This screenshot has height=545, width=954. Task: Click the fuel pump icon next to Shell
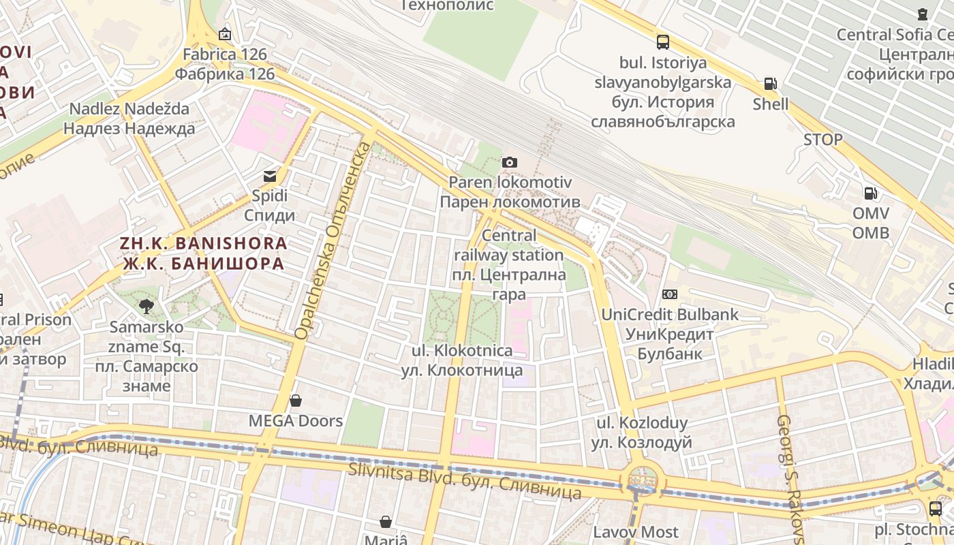tap(770, 84)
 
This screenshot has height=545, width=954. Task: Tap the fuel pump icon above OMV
tap(870, 193)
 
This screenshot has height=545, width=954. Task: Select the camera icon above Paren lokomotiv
tap(509, 162)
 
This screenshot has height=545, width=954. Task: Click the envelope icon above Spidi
tap(270, 176)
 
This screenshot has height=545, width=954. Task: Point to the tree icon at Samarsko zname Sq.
tap(146, 307)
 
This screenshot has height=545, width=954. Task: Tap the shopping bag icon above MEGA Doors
tap(296, 400)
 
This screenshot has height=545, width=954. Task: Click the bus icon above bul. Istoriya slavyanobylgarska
tap(662, 42)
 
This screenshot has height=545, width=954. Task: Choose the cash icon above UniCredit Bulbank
tap(670, 294)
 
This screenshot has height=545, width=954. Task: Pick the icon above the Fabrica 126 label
tap(225, 34)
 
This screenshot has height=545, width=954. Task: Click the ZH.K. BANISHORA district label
tap(203, 253)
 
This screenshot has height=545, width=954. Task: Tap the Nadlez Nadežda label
tap(129, 119)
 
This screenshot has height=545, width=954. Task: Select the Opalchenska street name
tap(333, 242)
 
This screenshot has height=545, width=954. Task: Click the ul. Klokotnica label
tap(462, 360)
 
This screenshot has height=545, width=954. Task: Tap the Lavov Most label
tap(635, 532)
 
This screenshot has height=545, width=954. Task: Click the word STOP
tap(822, 140)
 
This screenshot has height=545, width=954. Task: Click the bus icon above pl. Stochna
tap(935, 508)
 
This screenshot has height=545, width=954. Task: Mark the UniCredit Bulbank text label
tap(669, 334)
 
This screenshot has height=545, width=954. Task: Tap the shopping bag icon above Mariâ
tap(386, 522)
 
